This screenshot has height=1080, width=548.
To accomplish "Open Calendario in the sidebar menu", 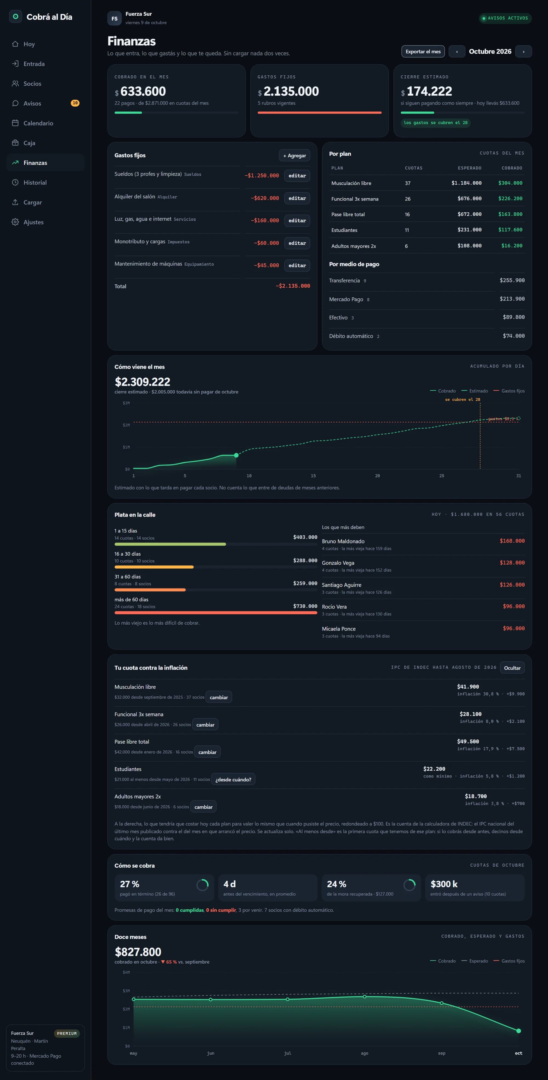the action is (x=38, y=123).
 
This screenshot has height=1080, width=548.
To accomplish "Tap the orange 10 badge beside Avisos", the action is (x=75, y=103).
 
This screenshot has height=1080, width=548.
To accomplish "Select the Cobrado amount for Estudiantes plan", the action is (x=510, y=230).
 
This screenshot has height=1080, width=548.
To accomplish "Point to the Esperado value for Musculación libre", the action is (x=466, y=183).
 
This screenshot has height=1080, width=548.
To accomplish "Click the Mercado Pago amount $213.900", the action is (x=512, y=299).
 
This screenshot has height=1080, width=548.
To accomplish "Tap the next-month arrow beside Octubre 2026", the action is (x=523, y=52).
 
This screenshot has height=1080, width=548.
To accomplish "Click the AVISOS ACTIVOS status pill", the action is (x=505, y=18).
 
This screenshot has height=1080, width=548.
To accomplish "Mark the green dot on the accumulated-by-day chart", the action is (x=236, y=455).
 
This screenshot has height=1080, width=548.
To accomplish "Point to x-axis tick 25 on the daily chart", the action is (x=441, y=476).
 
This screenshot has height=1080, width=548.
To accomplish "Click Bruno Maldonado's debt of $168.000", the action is (x=512, y=541).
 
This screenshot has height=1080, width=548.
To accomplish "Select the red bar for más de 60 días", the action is (x=216, y=613).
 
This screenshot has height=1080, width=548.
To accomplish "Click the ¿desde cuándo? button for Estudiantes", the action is (x=233, y=779).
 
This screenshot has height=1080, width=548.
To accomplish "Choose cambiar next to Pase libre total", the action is (x=207, y=752).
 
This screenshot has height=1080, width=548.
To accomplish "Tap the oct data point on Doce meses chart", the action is (x=519, y=1031).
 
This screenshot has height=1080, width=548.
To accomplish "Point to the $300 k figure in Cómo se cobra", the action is (x=444, y=884).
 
